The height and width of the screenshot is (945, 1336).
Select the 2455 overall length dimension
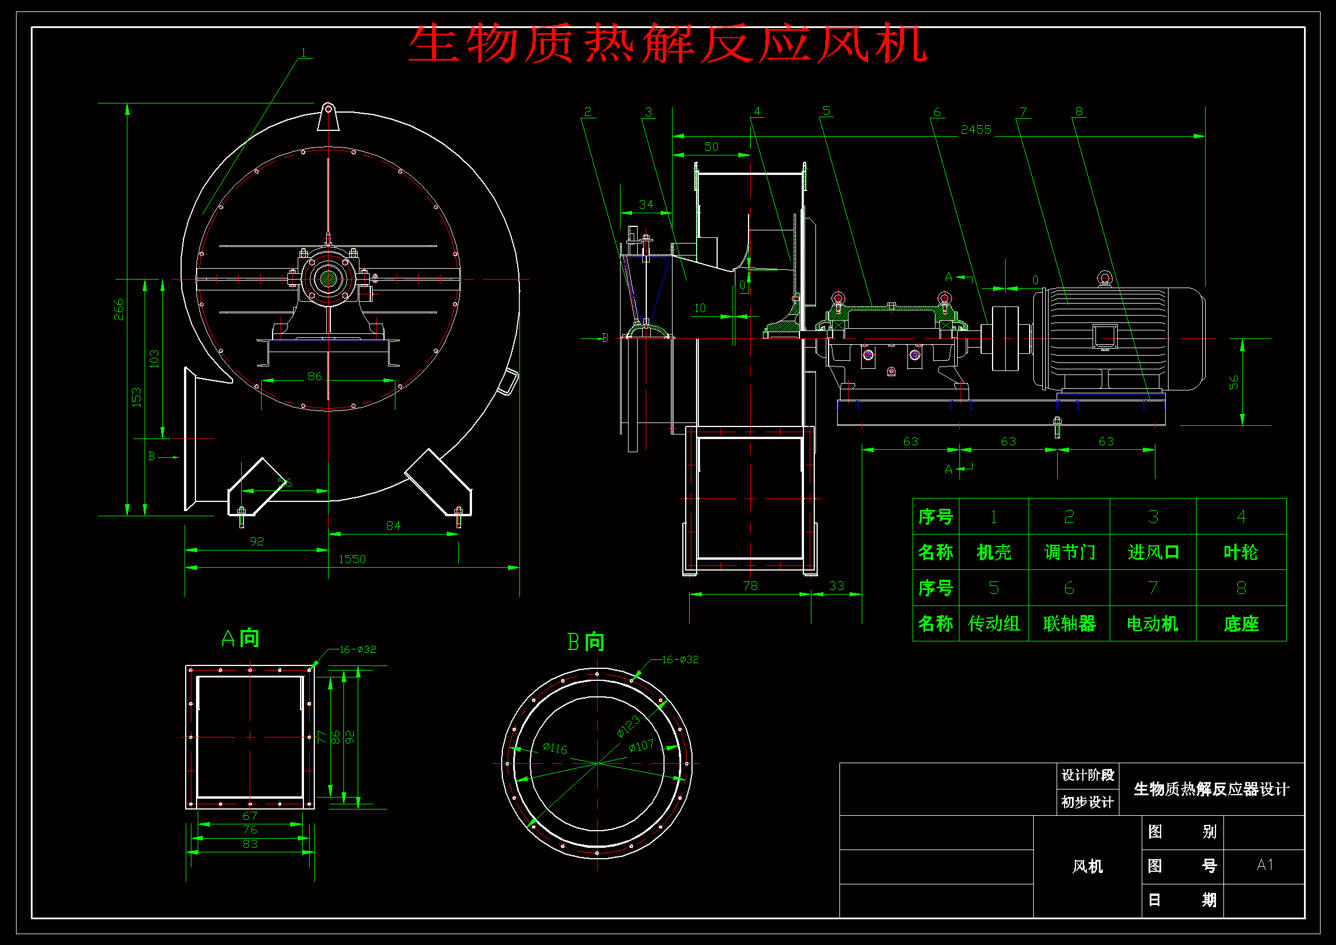coord(976,130)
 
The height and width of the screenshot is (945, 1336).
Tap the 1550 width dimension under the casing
coord(352,560)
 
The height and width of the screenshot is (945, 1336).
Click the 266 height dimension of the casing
coord(119,309)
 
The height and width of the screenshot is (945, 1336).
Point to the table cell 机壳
coord(993,552)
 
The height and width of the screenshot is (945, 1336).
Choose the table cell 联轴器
coord(1069,624)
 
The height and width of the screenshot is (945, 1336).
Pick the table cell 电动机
coord(1152,624)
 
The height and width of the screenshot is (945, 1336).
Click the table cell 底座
coord(1241,624)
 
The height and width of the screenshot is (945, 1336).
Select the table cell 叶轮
coord(1241,552)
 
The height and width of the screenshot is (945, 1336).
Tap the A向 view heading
coord(241,639)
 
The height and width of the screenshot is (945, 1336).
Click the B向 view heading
coord(585,642)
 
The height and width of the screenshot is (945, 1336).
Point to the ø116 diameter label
coord(554,748)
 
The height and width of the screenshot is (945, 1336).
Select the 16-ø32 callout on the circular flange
coord(679,660)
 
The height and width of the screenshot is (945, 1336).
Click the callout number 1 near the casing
coord(303,53)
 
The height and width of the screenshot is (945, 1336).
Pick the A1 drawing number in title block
coord(1265,864)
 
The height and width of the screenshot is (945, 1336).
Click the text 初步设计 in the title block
coord(1087,802)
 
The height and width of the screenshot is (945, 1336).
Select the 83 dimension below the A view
coord(250,844)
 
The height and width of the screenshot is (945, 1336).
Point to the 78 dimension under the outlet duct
coord(750,586)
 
